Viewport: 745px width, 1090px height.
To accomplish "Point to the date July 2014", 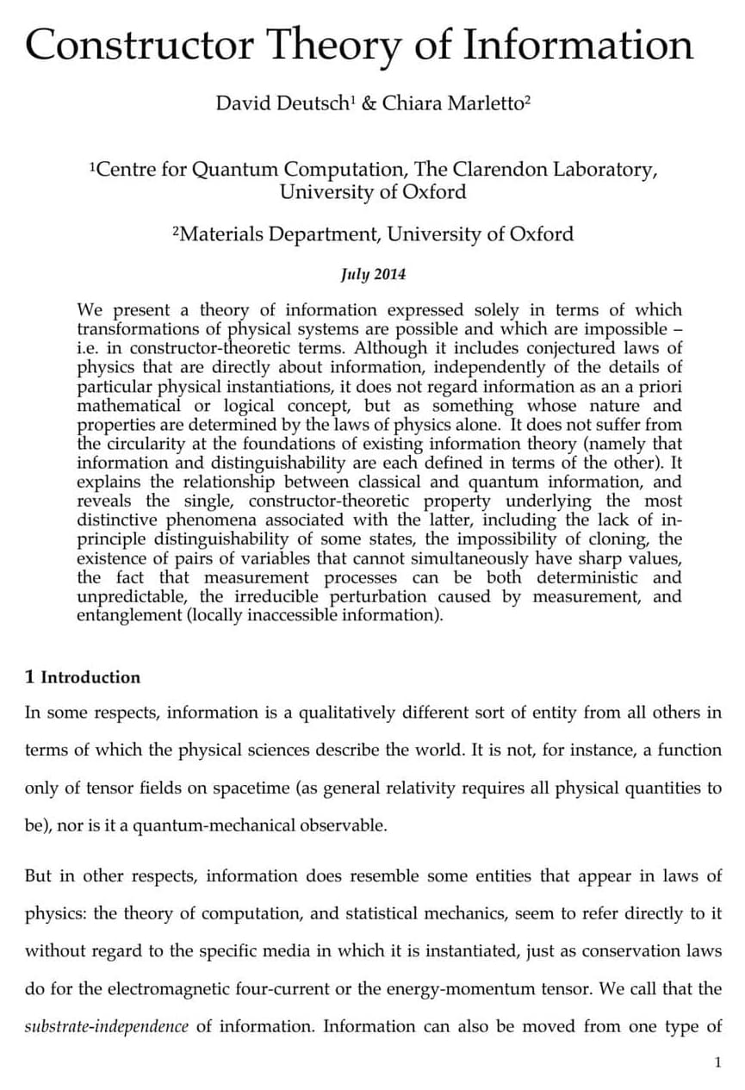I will click(372, 275).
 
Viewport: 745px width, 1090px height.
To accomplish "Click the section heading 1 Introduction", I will click(83, 677).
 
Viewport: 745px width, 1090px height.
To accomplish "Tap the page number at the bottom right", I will click(717, 1062).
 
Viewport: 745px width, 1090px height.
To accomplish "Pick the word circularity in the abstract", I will click(146, 444).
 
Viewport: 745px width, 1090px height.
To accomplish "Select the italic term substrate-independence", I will click(106, 1026).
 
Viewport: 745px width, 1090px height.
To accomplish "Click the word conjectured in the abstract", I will click(569, 348).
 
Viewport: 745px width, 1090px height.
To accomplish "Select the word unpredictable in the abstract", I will click(131, 596).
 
